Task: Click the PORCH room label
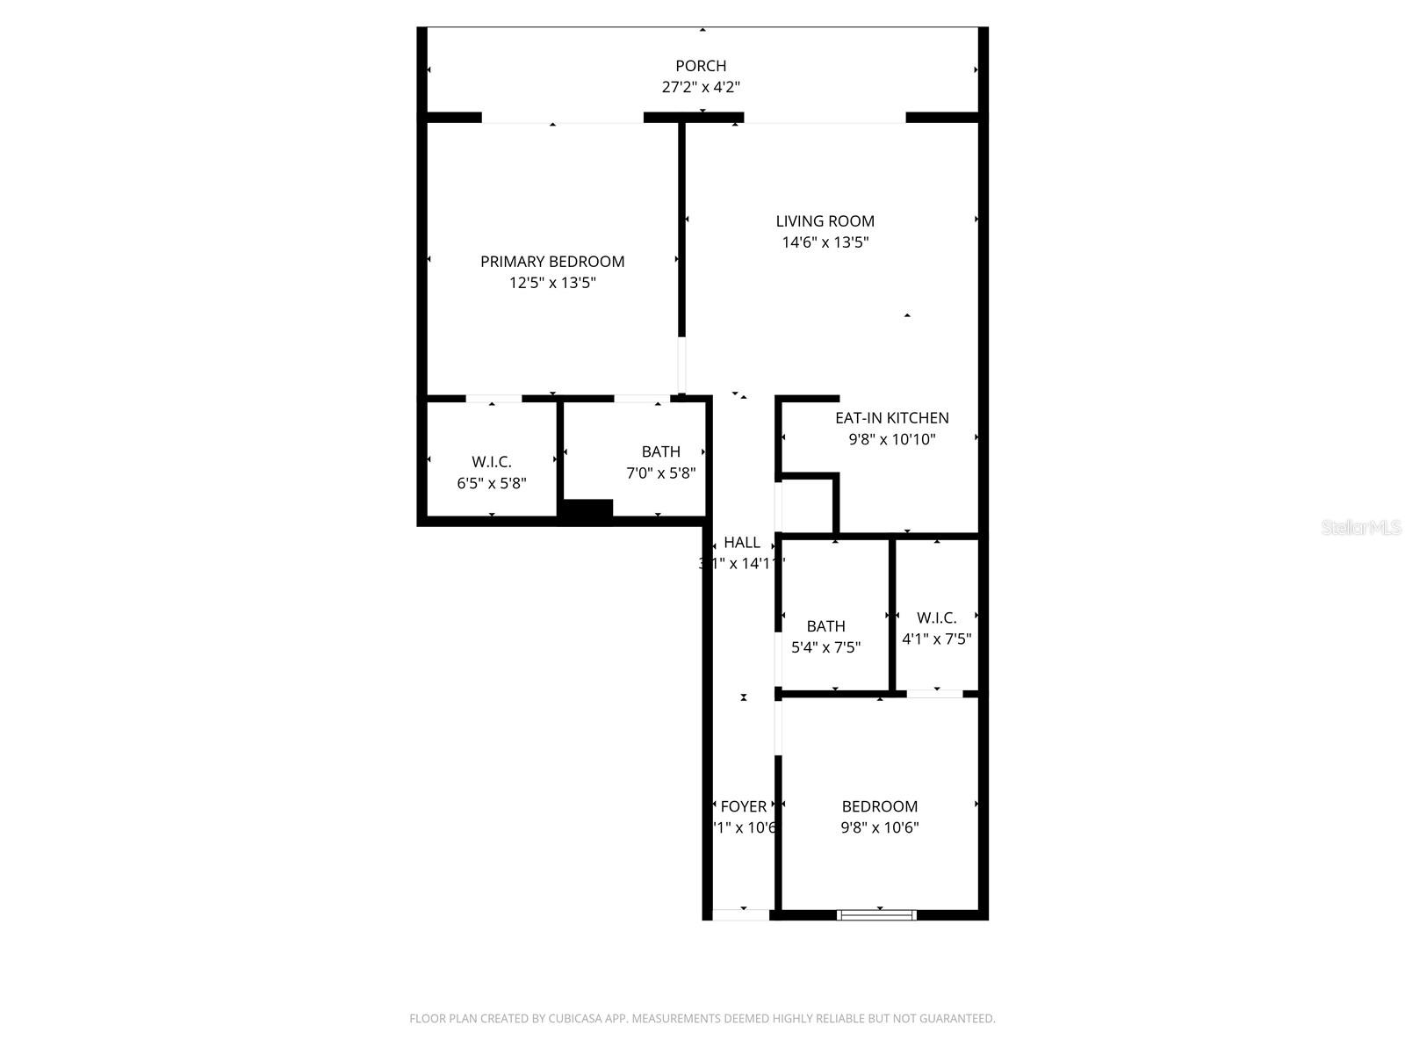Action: click(x=701, y=66)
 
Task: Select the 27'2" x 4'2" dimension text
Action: click(x=701, y=87)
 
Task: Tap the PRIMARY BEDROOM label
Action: click(x=552, y=261)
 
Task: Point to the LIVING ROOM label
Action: click(x=825, y=221)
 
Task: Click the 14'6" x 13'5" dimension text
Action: click(x=825, y=242)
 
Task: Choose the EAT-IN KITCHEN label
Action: click(x=891, y=418)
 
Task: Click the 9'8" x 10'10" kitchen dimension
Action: click(x=891, y=439)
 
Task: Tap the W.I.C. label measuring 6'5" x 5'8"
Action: click(x=491, y=462)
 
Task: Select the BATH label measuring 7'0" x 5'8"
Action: click(x=660, y=451)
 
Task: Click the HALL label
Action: click(x=742, y=543)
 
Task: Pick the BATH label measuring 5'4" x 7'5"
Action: click(x=825, y=626)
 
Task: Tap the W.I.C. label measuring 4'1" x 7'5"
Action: click(x=936, y=617)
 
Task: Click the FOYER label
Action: click(x=743, y=806)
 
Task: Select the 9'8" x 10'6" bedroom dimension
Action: click(x=879, y=827)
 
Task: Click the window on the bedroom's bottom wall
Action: click(x=876, y=915)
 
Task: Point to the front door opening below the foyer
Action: click(x=741, y=915)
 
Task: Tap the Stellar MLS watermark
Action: click(x=1360, y=527)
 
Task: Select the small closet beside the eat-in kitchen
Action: click(x=805, y=506)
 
